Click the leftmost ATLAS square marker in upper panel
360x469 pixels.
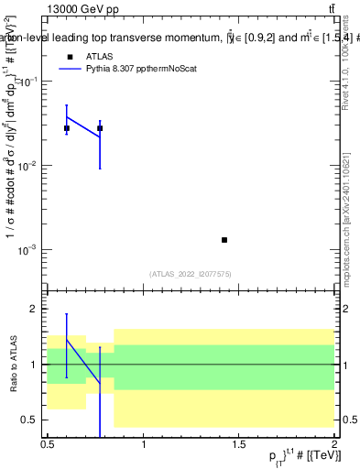[x=67, y=128]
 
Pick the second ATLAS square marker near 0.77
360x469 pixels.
[x=100, y=128]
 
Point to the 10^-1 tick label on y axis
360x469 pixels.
[x=28, y=82]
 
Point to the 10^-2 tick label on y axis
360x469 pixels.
[x=28, y=166]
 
